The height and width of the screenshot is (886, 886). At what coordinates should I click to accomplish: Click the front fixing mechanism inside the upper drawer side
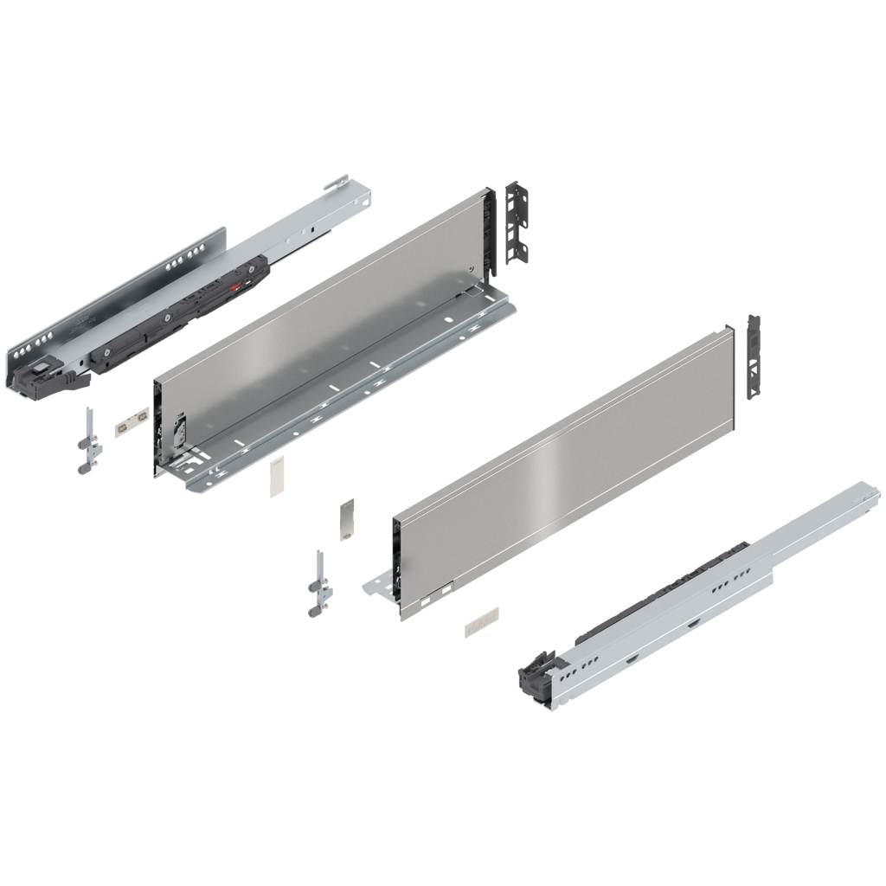point(181,430)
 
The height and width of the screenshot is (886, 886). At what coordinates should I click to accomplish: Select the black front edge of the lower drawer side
point(395,554)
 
